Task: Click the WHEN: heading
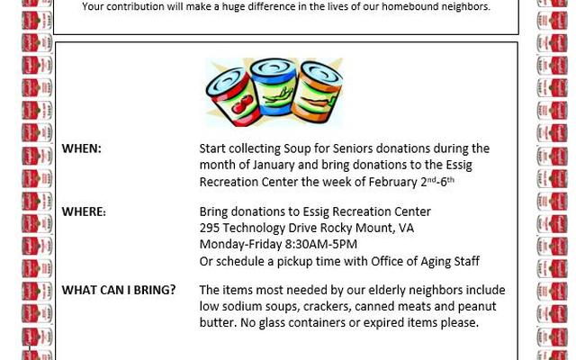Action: point(81,148)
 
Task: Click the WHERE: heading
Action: point(84,212)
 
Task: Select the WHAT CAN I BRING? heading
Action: point(119,290)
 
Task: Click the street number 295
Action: point(211,229)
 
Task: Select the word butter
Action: point(216,323)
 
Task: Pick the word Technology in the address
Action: point(258,229)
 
